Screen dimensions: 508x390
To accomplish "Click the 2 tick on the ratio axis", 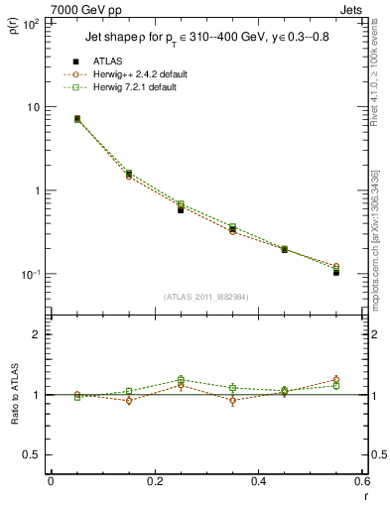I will click(x=36, y=334).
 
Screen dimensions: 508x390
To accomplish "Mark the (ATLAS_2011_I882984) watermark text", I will click(x=205, y=297).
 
